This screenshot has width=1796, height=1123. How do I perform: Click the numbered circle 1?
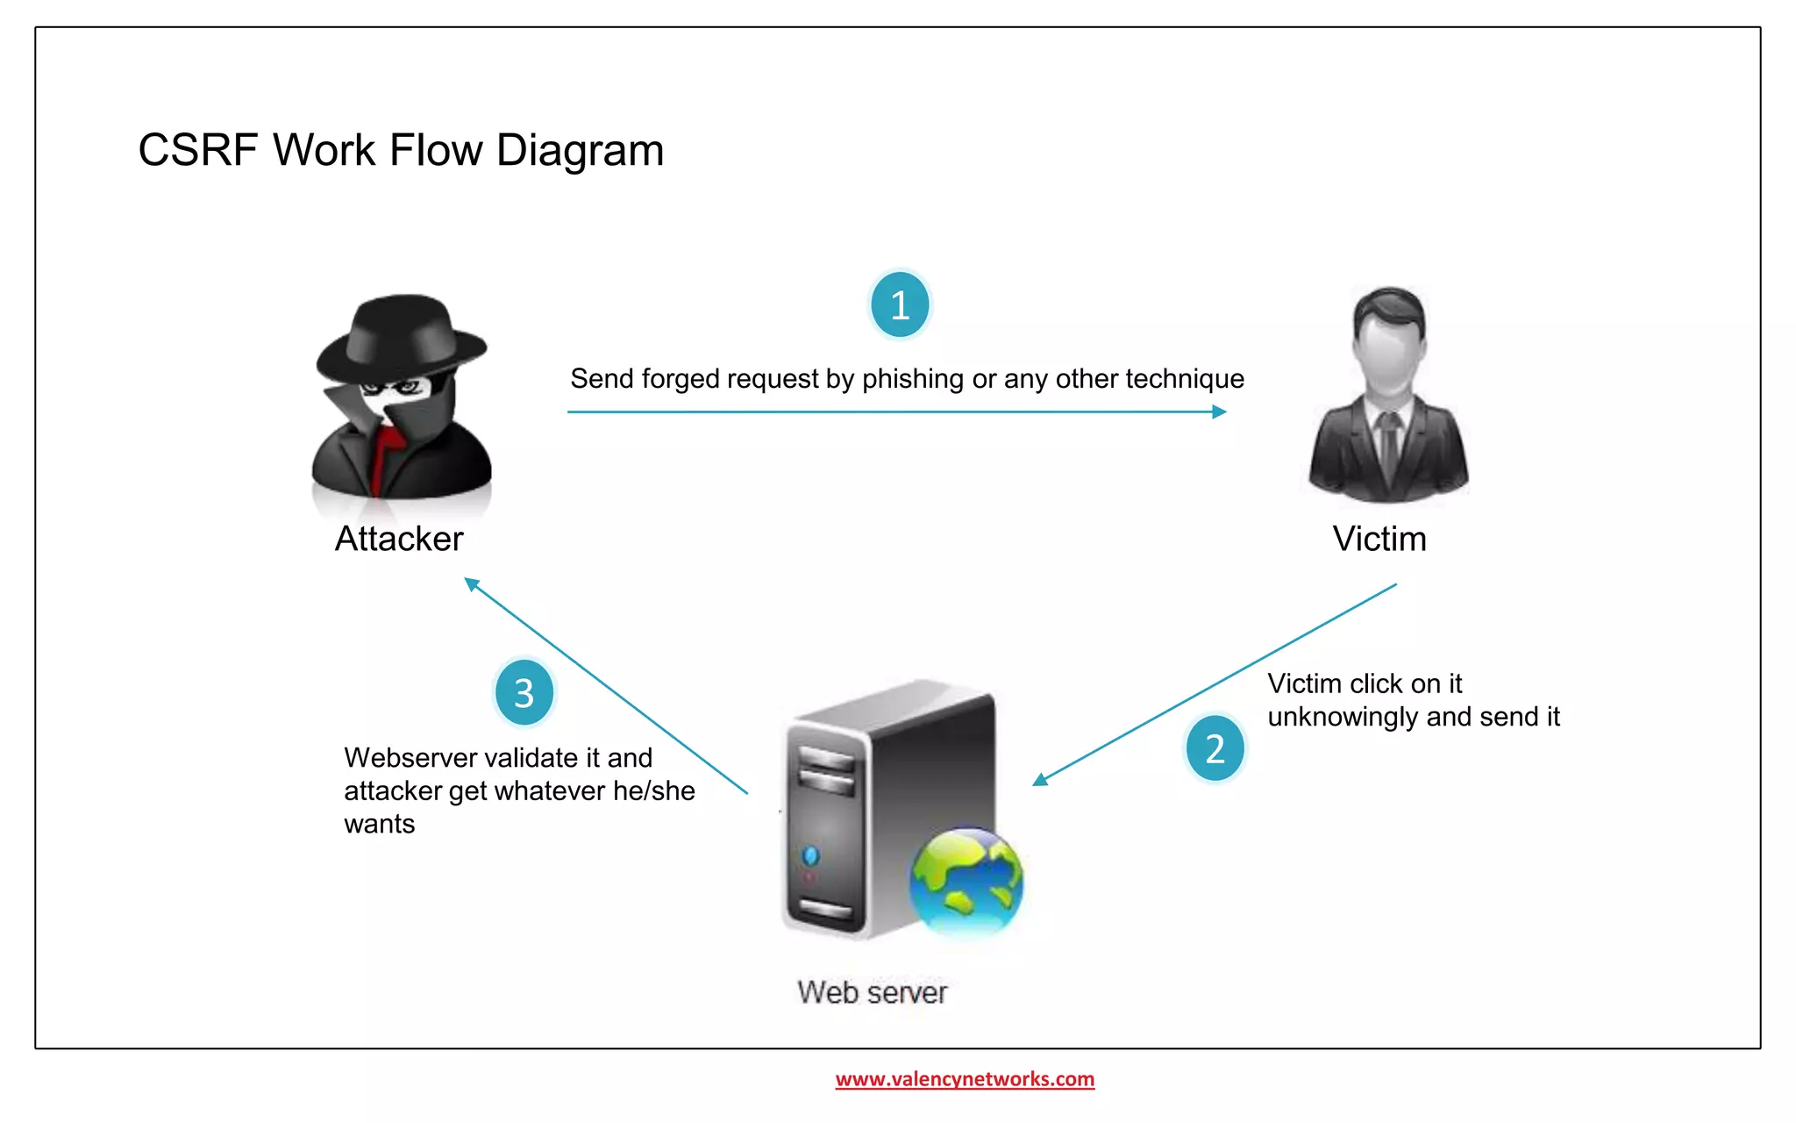[900, 305]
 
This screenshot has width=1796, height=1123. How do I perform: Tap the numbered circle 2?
[1215, 748]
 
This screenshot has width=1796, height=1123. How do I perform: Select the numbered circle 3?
[524, 693]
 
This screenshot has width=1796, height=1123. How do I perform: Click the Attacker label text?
[399, 539]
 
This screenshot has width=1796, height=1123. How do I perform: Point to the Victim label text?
[1379, 539]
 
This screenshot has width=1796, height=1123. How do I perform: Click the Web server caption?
[872, 992]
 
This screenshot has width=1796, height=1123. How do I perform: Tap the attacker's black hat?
[402, 338]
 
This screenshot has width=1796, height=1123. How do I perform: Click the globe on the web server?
[966, 881]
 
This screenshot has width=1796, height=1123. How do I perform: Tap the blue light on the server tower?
[810, 855]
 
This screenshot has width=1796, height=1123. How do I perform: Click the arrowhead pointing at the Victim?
[1219, 411]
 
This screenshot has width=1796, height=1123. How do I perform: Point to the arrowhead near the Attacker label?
[472, 583]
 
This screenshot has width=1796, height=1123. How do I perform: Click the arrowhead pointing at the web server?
[1040, 779]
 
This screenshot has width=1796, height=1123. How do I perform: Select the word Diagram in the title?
[580, 150]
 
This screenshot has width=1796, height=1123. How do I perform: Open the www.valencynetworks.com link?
[965, 1078]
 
